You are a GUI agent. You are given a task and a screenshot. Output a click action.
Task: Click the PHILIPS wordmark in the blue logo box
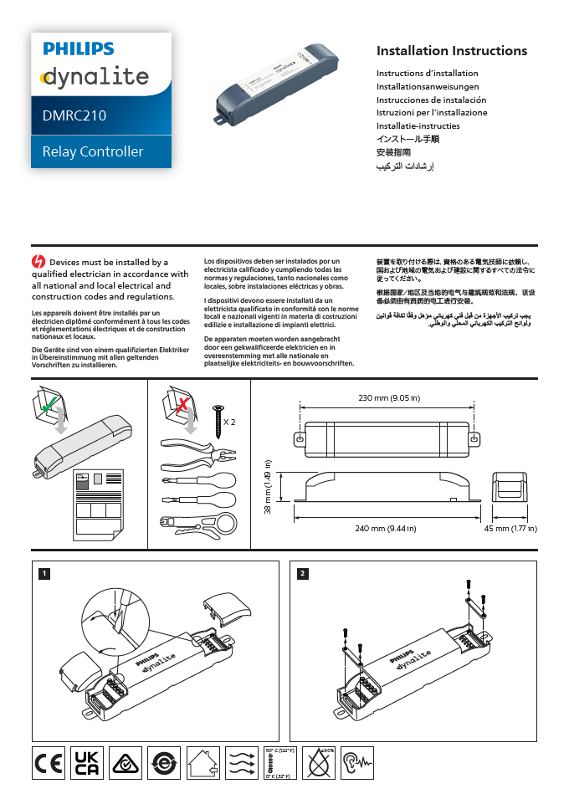(79, 50)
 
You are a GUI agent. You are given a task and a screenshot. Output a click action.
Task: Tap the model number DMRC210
(74, 116)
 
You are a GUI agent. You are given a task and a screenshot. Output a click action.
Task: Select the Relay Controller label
(93, 151)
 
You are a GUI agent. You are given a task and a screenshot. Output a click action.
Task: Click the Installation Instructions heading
(452, 51)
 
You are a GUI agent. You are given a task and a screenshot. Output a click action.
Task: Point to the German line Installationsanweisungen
(428, 86)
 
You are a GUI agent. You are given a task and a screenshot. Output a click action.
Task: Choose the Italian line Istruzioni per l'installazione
(432, 112)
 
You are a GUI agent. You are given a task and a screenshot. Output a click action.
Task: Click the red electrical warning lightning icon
(38, 262)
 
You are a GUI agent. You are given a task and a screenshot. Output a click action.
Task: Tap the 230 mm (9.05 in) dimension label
(388, 397)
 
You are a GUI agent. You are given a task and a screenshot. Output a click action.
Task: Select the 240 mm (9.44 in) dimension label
(386, 529)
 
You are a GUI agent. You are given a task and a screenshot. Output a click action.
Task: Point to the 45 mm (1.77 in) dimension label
(510, 529)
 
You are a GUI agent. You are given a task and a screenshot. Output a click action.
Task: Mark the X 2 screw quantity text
(229, 422)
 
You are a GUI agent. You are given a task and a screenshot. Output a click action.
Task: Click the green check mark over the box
(50, 405)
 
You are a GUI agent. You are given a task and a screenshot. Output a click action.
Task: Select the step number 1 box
(44, 573)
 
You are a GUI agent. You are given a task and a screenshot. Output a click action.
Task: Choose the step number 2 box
(303, 573)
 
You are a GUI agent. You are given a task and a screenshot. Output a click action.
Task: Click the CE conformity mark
(49, 763)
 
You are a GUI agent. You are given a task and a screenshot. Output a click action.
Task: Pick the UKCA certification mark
(87, 763)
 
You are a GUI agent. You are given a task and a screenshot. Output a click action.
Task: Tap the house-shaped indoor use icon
(202, 763)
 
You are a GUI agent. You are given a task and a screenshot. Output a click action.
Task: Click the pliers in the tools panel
(194, 454)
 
